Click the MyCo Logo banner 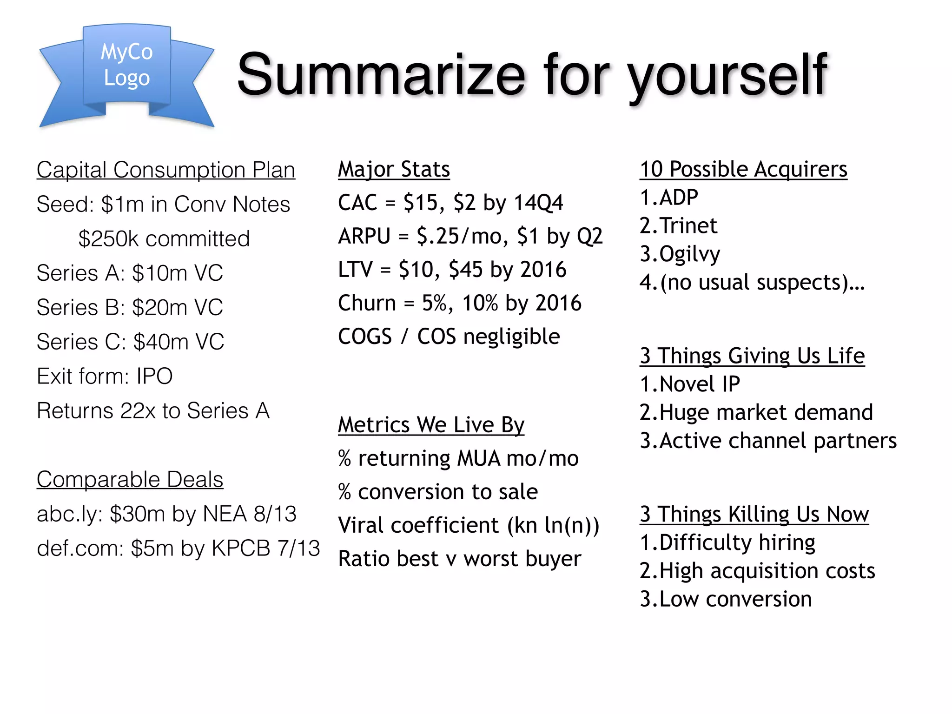pos(126,70)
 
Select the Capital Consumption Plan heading pos(166,170)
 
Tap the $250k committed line pos(164,238)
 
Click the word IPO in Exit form pos(154,376)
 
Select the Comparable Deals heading pos(130,479)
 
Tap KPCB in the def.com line pos(241,548)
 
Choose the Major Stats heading pos(394,169)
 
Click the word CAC pos(357,203)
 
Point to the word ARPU pos(364,236)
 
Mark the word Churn pos(367,303)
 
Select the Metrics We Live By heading pos(431,425)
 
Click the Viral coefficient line pos(469,525)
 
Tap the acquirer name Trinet pos(688,226)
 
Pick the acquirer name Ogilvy pos(690,254)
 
